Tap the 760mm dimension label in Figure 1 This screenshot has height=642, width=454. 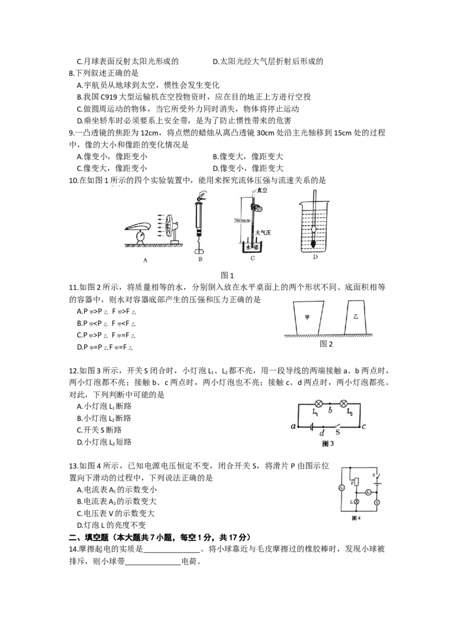pos(242,221)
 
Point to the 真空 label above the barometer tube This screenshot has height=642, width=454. pos(262,191)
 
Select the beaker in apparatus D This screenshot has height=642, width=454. pos(315,227)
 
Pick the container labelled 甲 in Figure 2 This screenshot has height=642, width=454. pos(308,318)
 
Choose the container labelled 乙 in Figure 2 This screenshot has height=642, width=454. pos(356,318)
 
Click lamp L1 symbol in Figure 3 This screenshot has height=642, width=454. pos(317,404)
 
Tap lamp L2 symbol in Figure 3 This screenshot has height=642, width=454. pos(344,404)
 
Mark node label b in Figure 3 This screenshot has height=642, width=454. pos(330,411)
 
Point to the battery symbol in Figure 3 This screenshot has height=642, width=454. pos(312,426)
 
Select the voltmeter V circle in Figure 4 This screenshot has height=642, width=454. pos(377,502)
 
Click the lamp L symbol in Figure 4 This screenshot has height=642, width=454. pos(356,501)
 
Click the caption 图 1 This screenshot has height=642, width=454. pos(228,275)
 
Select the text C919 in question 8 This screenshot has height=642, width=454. pos(108,97)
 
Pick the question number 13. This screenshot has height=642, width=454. pos(73,466)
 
